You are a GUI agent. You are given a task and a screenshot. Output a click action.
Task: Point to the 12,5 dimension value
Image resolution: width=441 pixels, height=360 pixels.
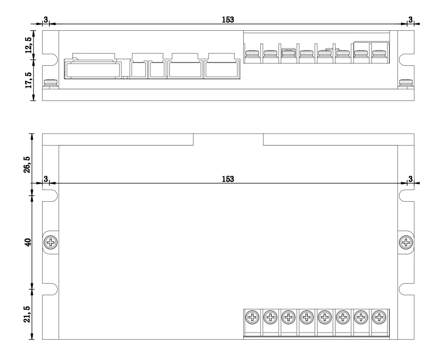pyautogui.click(x=29, y=45)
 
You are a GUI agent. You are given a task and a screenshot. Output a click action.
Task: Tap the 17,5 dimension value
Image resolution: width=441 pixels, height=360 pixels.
pyautogui.click(x=29, y=81)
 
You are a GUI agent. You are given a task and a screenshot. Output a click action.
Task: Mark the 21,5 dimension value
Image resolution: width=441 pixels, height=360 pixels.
pyautogui.click(x=28, y=314)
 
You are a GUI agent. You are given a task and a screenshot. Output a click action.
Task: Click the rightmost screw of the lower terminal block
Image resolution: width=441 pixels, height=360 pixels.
pyautogui.click(x=379, y=316)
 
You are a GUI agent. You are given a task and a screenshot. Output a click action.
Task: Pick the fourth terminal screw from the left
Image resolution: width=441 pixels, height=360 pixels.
pyautogui.click(x=307, y=316)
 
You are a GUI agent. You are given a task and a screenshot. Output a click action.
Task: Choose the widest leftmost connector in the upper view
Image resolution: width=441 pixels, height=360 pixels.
pyautogui.click(x=93, y=70)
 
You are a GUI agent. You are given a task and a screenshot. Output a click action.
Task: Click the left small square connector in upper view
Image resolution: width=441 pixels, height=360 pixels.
pyautogui.click(x=138, y=70)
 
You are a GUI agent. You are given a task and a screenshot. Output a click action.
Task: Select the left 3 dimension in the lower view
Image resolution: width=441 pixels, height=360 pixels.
pyautogui.click(x=45, y=179)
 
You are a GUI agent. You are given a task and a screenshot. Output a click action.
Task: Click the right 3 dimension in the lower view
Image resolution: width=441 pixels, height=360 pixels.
pyautogui.click(x=410, y=179)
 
